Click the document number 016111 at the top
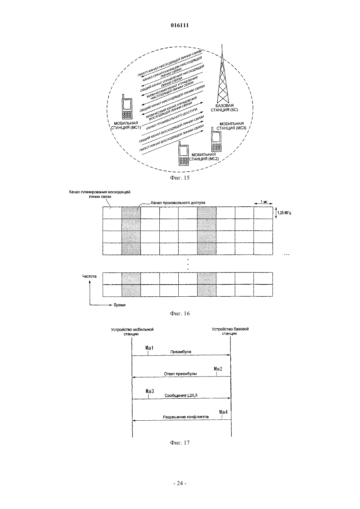(180, 26)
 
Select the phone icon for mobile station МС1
(127, 107)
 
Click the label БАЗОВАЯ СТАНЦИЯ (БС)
(224, 108)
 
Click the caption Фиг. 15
(180, 178)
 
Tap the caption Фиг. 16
(180, 314)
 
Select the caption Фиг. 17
(180, 443)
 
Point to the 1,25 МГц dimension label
(284, 213)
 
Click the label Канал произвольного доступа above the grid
(178, 203)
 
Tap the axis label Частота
(89, 276)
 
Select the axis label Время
(119, 305)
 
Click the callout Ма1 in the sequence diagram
(149, 348)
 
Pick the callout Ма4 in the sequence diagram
(224, 412)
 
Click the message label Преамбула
(181, 352)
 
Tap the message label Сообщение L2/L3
(181, 395)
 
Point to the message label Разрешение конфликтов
(186, 417)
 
